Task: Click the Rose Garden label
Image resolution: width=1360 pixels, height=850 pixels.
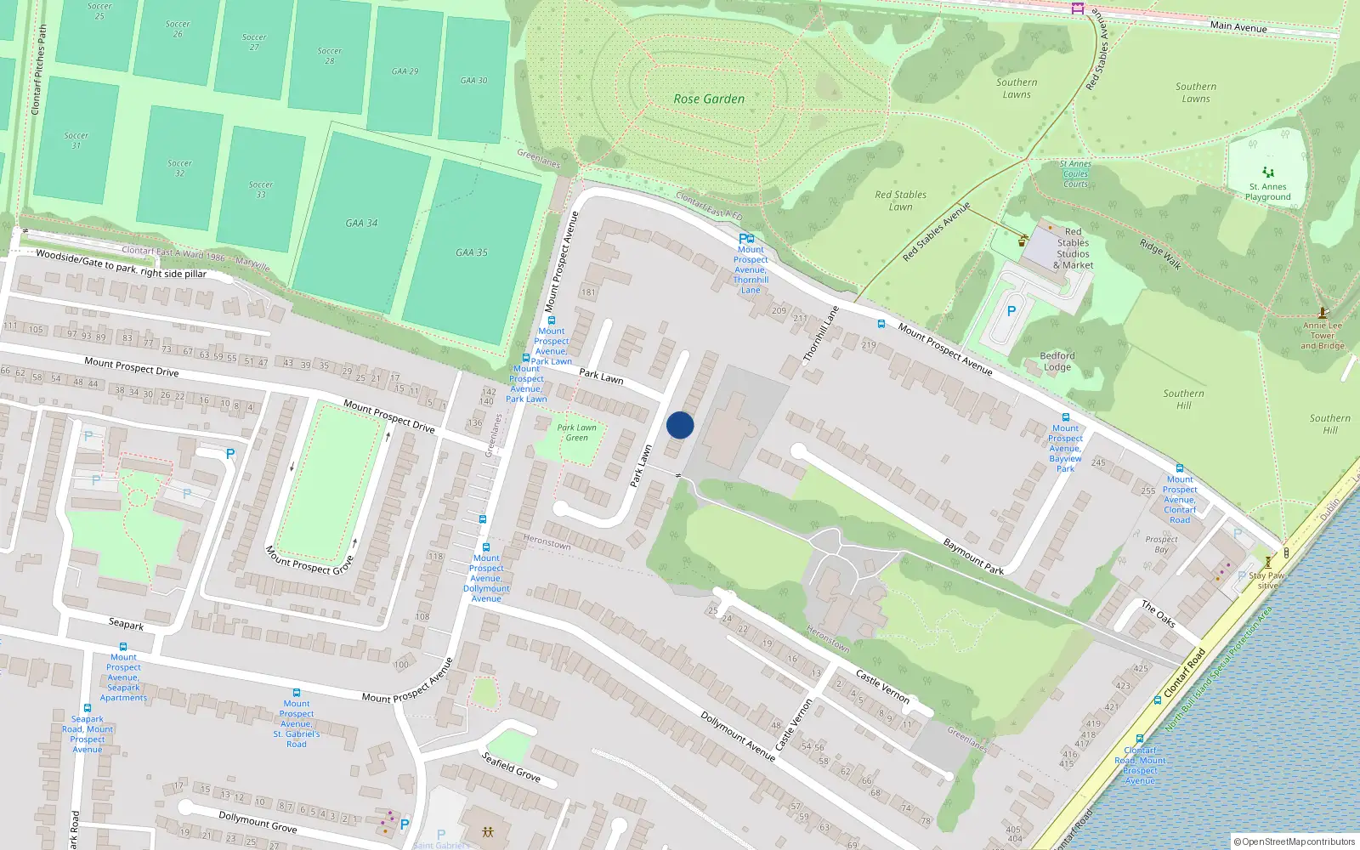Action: [x=709, y=99]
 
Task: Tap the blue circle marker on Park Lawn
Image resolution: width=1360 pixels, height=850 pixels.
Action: [x=680, y=425]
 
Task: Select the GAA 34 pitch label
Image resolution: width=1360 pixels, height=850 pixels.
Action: [x=361, y=224]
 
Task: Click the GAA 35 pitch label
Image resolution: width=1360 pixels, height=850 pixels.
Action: [x=472, y=252]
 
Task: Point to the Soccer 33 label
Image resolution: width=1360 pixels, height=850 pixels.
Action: [x=261, y=189]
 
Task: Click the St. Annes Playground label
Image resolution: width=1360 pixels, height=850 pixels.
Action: [x=1267, y=192]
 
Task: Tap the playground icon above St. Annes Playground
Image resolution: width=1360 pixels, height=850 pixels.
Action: [x=1268, y=172]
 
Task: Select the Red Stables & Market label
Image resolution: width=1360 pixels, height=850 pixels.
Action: [x=1073, y=248]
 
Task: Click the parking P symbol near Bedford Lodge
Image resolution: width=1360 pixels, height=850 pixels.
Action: [x=1011, y=311]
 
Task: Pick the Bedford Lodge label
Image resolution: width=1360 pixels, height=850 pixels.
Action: [x=1057, y=361]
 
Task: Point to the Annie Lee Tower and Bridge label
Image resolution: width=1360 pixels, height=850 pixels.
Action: [x=1323, y=335]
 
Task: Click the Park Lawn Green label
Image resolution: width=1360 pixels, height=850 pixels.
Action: [x=576, y=433]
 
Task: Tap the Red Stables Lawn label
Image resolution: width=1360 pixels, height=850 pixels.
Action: [x=901, y=201]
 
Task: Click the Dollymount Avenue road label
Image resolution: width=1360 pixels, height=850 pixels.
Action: [x=737, y=735]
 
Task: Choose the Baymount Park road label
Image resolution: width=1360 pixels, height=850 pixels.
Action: [x=973, y=557]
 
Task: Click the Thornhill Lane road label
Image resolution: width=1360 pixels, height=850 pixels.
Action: [x=820, y=334]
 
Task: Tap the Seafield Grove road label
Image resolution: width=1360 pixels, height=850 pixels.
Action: [x=511, y=766]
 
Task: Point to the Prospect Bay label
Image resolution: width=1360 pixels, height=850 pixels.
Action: [x=1161, y=544]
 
